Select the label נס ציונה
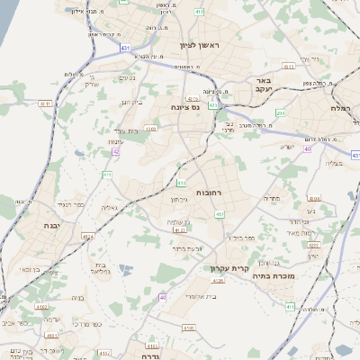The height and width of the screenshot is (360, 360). [x=184, y=107]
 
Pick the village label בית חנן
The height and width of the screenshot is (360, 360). [x=131, y=102]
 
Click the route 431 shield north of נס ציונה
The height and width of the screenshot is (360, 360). [x=213, y=105]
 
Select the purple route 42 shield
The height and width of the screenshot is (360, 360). [x=116, y=151]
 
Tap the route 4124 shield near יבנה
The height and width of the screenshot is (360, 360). [x=88, y=236]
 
